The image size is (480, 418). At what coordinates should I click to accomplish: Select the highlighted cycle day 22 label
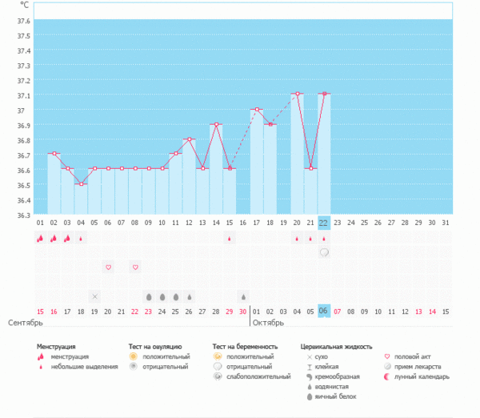[324, 223]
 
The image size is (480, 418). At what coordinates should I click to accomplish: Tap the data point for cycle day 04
[81, 183]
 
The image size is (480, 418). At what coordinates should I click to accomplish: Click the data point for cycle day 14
[216, 124]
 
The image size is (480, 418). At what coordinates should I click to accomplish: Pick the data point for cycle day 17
[257, 109]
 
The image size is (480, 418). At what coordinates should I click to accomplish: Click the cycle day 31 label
[446, 223]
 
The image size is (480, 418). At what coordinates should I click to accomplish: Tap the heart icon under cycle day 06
[108, 267]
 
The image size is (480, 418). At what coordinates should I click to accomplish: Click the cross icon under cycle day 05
[94, 296]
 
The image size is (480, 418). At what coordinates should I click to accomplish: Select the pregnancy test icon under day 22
[324, 252]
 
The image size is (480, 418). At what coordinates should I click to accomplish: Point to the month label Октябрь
[269, 323]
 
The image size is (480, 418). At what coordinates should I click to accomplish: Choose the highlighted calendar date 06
[324, 311]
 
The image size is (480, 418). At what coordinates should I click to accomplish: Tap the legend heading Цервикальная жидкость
[336, 347]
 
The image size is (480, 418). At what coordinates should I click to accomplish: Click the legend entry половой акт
[414, 356]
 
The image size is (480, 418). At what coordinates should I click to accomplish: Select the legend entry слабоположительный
[258, 376]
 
